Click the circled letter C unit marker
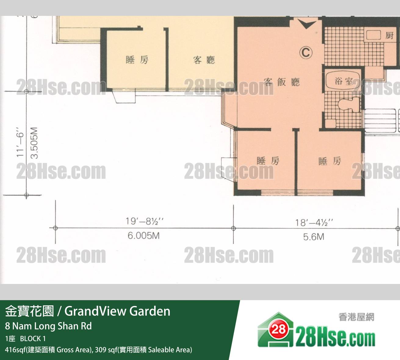(306, 53)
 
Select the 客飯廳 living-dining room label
(282, 82)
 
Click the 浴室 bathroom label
(343, 81)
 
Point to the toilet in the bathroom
(349, 104)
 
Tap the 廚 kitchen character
(389, 36)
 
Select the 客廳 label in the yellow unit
(204, 60)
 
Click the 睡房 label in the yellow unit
(137, 60)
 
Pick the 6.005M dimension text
(144, 236)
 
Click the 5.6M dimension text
(314, 237)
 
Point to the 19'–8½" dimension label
(144, 221)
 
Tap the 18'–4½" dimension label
(314, 223)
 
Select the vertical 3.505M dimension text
(34, 143)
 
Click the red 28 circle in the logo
(279, 329)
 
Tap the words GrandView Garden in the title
(117, 311)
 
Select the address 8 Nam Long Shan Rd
(48, 326)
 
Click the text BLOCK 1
(33, 339)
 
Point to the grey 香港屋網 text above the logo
(356, 317)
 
